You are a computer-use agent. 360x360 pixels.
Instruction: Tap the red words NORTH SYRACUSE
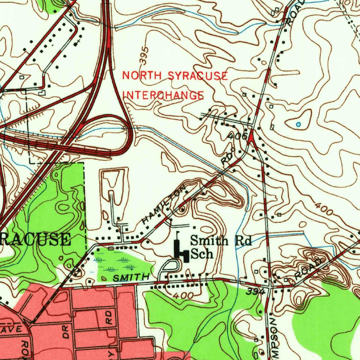[x=175, y=76]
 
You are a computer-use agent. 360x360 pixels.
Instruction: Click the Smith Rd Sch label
[x=221, y=247]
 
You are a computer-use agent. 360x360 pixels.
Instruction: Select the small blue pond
[x=298, y=124]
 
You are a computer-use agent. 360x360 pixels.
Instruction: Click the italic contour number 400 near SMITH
[x=183, y=296]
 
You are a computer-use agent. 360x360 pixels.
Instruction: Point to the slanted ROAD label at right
[x=308, y=269]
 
